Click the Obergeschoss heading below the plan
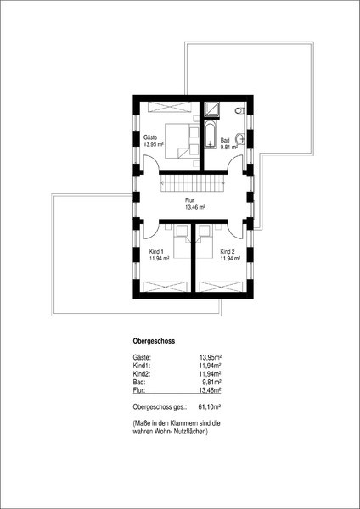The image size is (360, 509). (x=154, y=341)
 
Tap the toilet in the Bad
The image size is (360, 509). (x=239, y=110)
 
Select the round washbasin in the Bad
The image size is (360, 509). (x=241, y=139)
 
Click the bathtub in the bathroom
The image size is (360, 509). (x=211, y=134)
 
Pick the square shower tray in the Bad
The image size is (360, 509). (x=211, y=109)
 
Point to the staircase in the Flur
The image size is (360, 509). (x=193, y=183)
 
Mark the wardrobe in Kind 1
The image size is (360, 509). (x=166, y=287)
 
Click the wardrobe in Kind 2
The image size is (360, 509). (x=221, y=287)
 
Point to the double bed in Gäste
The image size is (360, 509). (x=182, y=141)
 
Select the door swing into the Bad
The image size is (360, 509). (x=235, y=162)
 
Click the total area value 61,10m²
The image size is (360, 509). (x=210, y=406)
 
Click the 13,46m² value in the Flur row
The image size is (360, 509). (x=211, y=390)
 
